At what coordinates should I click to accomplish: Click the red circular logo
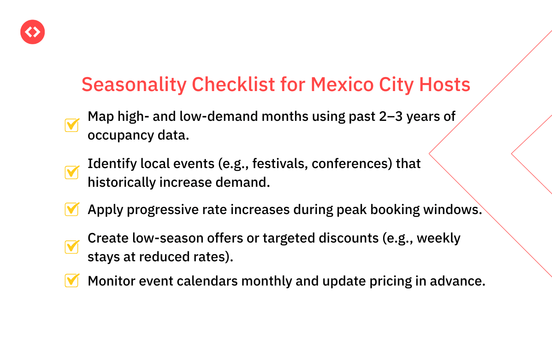click(32, 32)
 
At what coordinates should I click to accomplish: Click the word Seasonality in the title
click(134, 85)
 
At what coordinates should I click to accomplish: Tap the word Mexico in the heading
click(342, 85)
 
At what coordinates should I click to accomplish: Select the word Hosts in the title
click(445, 85)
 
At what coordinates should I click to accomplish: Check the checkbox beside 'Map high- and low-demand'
click(72, 125)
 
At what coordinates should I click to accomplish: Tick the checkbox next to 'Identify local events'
click(72, 172)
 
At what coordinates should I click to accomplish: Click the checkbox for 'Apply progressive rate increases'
click(72, 209)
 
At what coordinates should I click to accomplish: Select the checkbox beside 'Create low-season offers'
click(72, 247)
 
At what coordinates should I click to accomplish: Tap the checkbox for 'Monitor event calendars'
click(72, 280)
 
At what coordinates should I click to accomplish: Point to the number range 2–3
click(391, 117)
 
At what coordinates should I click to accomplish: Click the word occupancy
click(121, 136)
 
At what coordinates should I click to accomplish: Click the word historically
click(122, 183)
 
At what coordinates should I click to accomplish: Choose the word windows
click(452, 210)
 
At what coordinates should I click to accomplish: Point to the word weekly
click(438, 239)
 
